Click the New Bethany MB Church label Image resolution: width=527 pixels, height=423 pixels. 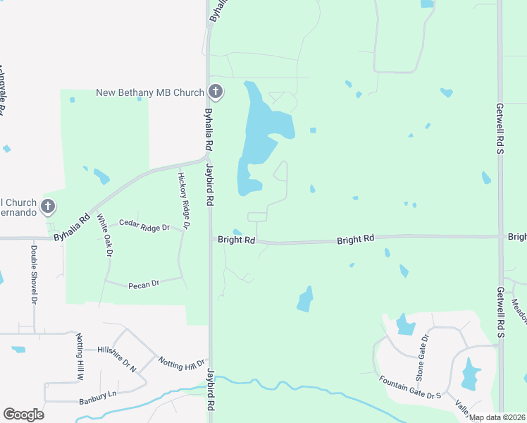tap(150, 93)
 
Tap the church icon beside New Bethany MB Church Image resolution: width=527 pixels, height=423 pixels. tap(216, 92)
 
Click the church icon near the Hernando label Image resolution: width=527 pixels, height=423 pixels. tap(47, 207)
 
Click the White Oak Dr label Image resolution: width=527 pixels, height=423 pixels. tap(104, 235)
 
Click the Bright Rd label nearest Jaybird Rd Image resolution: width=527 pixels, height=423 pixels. tap(236, 240)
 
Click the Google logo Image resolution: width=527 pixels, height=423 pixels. tap(23, 414)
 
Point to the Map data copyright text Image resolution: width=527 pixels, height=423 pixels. tap(497, 417)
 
